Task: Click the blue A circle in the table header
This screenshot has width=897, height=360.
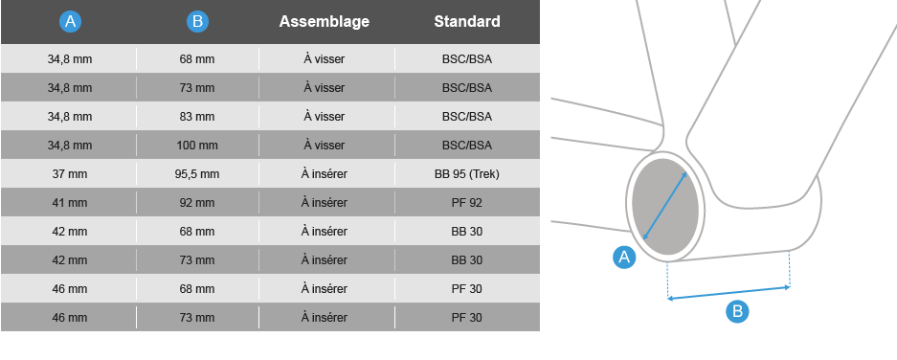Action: [x=70, y=22]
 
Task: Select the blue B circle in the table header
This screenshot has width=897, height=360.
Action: [x=197, y=22]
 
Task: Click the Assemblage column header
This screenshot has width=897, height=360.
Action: [x=325, y=22]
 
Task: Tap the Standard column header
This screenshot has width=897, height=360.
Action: [x=467, y=22]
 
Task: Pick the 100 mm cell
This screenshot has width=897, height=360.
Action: [x=197, y=146]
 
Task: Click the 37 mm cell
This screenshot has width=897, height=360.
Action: [x=70, y=174]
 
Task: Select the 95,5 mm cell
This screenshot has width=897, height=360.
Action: [x=197, y=174]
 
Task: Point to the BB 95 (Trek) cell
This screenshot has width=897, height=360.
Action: [x=467, y=174]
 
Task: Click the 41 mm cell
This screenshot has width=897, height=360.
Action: [x=70, y=203]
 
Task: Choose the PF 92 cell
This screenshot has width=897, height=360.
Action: [x=467, y=203]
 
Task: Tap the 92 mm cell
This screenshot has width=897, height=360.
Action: [x=197, y=203]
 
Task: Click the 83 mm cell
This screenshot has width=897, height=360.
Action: [x=197, y=117]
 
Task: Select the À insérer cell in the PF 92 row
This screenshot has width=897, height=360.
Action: [x=325, y=203]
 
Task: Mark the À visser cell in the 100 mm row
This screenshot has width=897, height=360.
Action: [x=325, y=146]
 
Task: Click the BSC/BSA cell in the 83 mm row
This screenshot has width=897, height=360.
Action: [x=467, y=117]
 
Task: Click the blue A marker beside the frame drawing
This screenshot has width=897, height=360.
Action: [x=624, y=257]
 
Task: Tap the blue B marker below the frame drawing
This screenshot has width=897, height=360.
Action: [x=737, y=311]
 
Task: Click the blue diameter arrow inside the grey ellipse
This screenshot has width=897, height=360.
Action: [x=665, y=206]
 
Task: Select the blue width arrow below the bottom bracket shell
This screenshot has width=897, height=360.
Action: [x=729, y=292]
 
